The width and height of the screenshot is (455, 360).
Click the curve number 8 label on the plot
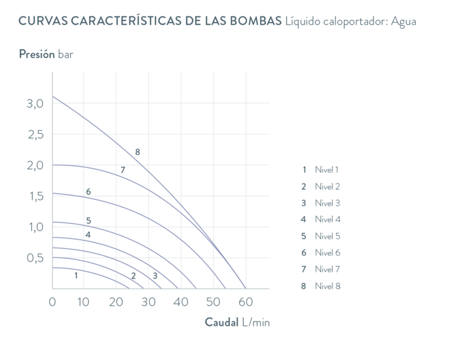coord(137,152)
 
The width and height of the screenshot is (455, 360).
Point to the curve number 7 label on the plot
coord(123,170)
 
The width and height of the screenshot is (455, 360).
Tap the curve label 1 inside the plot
coord(76,275)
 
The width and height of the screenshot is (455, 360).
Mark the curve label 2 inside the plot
coord(133,275)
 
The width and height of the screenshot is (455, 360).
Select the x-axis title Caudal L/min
coord(237,321)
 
